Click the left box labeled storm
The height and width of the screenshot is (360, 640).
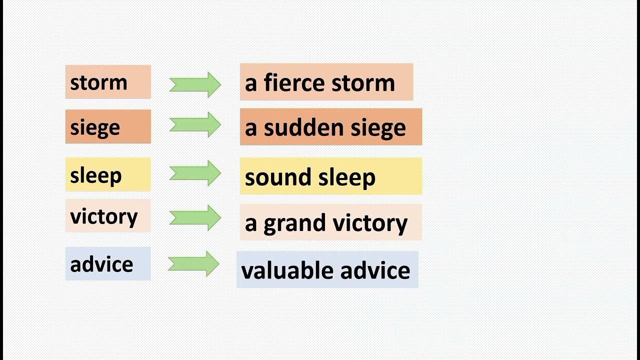tap(107, 82)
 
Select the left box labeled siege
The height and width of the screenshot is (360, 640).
tap(107, 126)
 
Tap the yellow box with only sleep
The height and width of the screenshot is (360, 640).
tap(107, 174)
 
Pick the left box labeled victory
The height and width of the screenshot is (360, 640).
tap(107, 216)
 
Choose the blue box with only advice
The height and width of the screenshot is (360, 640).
tap(107, 263)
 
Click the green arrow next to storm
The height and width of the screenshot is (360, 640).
tap(195, 84)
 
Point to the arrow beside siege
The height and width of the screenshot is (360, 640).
tap(195, 124)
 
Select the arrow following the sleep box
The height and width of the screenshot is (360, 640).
tap(195, 173)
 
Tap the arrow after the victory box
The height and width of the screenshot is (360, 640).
tap(195, 217)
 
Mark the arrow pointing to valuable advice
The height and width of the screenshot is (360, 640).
tap(193, 263)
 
